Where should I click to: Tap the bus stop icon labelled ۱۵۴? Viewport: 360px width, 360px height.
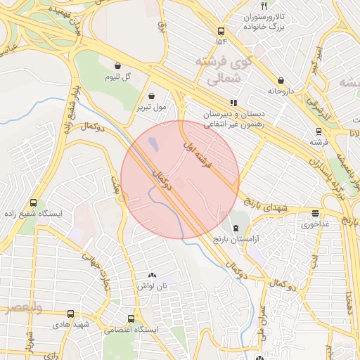pos(221,31)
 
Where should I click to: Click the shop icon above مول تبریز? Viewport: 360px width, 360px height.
pos(152,96)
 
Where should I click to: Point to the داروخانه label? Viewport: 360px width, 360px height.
pos(279,91)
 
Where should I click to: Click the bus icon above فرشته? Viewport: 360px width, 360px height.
pos(319,131)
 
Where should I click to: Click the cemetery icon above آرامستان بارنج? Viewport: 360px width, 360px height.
pos(235,228)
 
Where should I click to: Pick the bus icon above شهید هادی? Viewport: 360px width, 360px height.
pos(70,314)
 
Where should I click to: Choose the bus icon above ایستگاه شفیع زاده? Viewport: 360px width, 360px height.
pos(33,202)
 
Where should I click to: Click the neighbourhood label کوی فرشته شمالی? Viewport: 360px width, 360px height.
pos(224,70)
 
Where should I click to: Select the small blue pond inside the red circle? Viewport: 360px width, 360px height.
pos(153,144)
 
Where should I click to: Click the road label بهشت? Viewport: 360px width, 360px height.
pos(115,185)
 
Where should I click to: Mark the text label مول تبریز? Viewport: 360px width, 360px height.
pos(151,108)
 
